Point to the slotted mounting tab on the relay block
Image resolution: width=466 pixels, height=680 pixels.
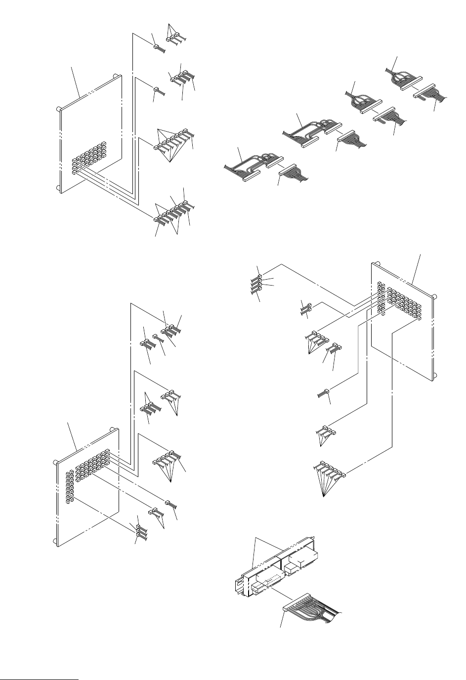point(239,586)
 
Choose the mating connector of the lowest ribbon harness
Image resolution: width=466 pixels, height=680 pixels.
point(294,173)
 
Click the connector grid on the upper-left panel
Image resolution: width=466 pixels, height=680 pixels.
point(89,156)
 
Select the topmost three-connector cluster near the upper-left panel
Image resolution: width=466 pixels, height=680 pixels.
point(174,36)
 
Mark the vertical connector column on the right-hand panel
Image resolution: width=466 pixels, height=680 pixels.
point(381,297)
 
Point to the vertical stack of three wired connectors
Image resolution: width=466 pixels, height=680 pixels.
point(141,531)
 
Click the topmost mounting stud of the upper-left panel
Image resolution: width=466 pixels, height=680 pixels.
point(115,76)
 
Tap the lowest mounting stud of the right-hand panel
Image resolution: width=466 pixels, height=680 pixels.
point(434,376)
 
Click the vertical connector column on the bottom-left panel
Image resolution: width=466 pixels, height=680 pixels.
point(70,487)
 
